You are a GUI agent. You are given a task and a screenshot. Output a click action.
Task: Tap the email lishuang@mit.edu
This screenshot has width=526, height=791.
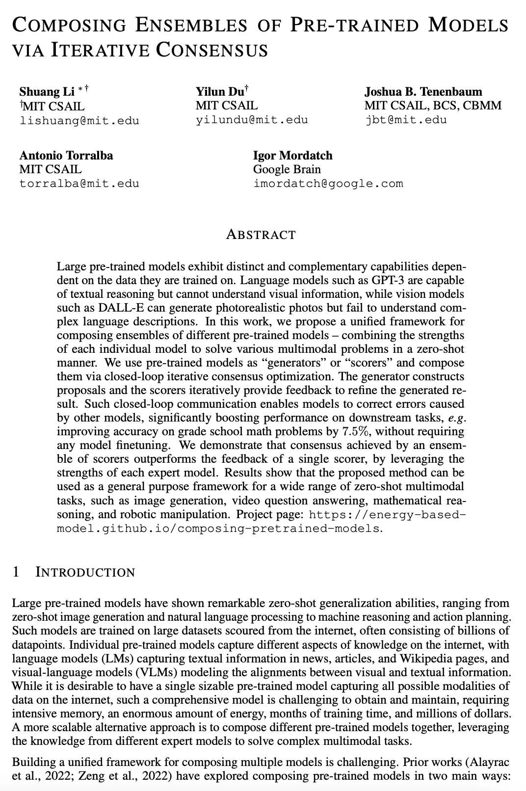[x=79, y=120]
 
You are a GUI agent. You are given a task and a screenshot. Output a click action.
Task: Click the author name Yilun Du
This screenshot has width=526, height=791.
[x=220, y=92]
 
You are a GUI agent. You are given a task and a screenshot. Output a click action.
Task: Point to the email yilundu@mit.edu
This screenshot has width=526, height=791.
[x=252, y=120]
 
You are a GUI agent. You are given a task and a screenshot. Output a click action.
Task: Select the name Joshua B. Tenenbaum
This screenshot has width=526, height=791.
[x=423, y=92]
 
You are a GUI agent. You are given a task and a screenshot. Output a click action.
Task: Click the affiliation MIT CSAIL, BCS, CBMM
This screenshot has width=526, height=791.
[x=433, y=105]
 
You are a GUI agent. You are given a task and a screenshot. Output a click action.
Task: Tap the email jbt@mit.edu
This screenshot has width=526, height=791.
[x=406, y=120]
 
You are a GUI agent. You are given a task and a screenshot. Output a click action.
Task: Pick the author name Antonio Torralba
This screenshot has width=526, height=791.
[x=66, y=156]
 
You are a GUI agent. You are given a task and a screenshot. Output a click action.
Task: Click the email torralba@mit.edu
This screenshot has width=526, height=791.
[x=79, y=184]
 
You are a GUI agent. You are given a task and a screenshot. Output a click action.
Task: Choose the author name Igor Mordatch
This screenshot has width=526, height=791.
[x=292, y=156]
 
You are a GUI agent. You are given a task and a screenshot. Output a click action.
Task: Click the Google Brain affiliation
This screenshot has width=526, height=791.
[x=287, y=169]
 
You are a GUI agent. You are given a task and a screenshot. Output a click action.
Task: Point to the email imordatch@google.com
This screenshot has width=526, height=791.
[x=328, y=184]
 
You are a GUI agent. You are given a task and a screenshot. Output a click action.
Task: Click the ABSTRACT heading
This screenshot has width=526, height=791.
[x=261, y=235]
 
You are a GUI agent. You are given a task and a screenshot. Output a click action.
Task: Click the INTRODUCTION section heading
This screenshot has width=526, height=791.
[x=85, y=573]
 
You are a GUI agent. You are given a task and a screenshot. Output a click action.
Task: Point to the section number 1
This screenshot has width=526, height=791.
[x=16, y=572]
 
